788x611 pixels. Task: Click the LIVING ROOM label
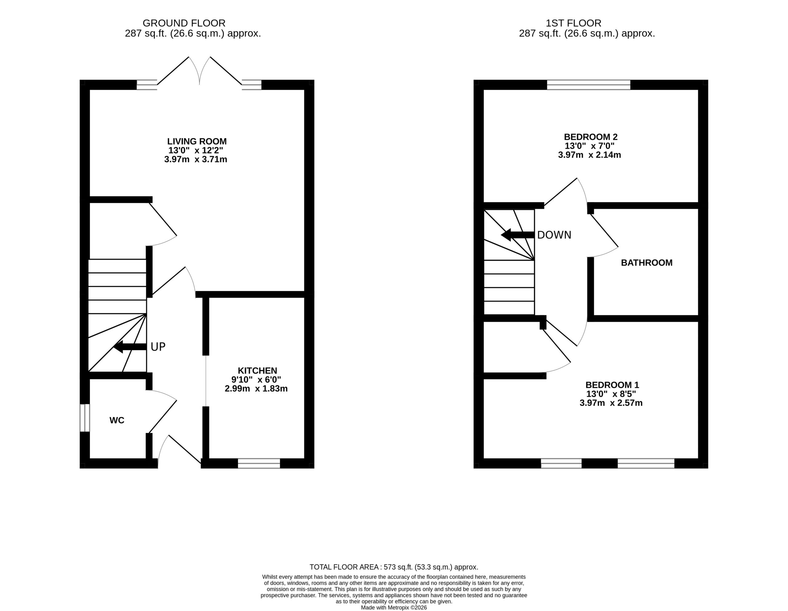point(197,142)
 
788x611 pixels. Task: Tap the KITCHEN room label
point(257,370)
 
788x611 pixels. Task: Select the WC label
point(117,420)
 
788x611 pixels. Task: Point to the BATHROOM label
point(647,262)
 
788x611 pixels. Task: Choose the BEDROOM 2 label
point(591,137)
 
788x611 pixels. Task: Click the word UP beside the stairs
point(158,347)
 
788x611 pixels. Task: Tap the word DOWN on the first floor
point(554,235)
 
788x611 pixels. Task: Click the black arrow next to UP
point(130,347)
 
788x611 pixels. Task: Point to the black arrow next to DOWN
point(518,235)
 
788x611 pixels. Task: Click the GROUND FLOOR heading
point(184,23)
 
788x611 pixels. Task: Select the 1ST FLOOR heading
point(573,23)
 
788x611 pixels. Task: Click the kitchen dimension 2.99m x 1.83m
point(256,389)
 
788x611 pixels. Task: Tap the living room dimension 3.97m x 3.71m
point(195,159)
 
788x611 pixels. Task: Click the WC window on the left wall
point(84,418)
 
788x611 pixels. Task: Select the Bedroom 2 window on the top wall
point(589,85)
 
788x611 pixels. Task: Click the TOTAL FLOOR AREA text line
point(394,567)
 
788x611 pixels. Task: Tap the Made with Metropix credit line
point(394,607)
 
